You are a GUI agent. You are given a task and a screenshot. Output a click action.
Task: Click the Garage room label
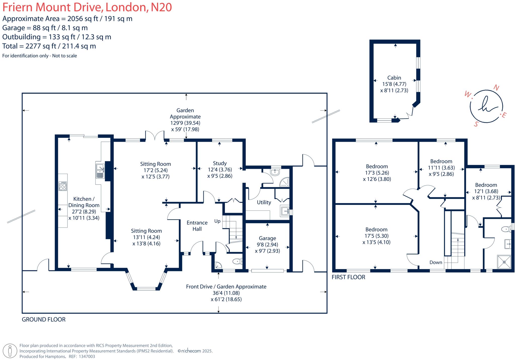[x=267, y=238]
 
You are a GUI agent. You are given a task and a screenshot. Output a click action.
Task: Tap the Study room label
[x=220, y=163]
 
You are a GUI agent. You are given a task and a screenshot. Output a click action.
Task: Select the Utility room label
[x=264, y=202]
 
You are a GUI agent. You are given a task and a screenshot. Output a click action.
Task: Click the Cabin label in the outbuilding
[x=394, y=78]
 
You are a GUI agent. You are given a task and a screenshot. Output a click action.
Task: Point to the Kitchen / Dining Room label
[x=84, y=202]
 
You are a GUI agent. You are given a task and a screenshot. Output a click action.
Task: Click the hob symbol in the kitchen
[x=63, y=186]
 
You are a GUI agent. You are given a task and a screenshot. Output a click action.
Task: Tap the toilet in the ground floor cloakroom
[x=237, y=261]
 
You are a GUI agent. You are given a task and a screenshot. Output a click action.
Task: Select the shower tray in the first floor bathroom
[x=504, y=262]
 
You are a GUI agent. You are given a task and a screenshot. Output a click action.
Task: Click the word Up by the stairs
[x=217, y=221]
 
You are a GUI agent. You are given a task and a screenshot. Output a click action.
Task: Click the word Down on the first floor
[x=436, y=262]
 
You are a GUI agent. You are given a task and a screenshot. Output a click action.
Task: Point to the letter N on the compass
[x=496, y=87]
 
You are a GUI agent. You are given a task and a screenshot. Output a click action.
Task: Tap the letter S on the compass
[x=476, y=124]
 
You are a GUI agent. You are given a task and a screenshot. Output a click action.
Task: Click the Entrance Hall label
[x=197, y=226]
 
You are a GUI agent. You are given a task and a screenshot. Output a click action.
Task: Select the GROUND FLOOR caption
[x=44, y=319]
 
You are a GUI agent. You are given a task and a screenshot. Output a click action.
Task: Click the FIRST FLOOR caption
[x=348, y=277]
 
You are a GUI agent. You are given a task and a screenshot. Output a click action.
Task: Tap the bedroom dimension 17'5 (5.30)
[x=376, y=236]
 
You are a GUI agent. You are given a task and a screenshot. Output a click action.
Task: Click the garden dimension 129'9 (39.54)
[x=185, y=123]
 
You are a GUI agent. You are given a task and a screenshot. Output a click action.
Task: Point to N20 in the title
[x=161, y=7]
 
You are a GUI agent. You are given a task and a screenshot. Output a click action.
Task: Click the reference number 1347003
[x=87, y=356]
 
